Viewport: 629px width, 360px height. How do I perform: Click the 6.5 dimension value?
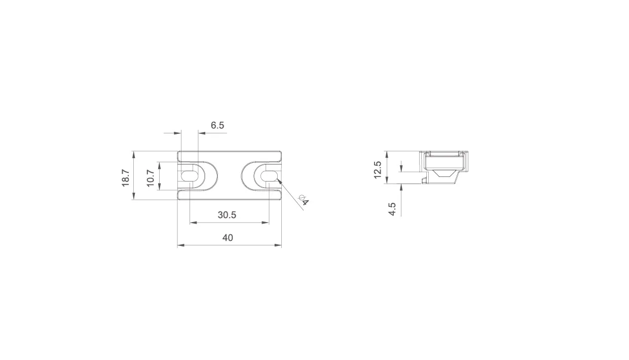pos(217,125)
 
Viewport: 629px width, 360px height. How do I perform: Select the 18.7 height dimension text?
pos(125,178)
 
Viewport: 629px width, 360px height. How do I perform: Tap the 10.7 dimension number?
pos(151,178)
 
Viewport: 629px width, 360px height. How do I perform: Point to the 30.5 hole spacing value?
pos(227,215)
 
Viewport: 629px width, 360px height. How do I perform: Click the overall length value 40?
pos(228,238)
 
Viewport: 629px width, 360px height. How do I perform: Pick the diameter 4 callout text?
pos(304,200)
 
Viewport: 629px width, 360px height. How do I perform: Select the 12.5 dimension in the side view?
pos(378,170)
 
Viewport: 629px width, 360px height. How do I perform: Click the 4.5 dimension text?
pos(392,209)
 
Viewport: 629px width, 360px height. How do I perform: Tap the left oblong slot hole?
pos(190,176)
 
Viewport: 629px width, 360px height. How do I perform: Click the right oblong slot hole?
pos(269,176)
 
